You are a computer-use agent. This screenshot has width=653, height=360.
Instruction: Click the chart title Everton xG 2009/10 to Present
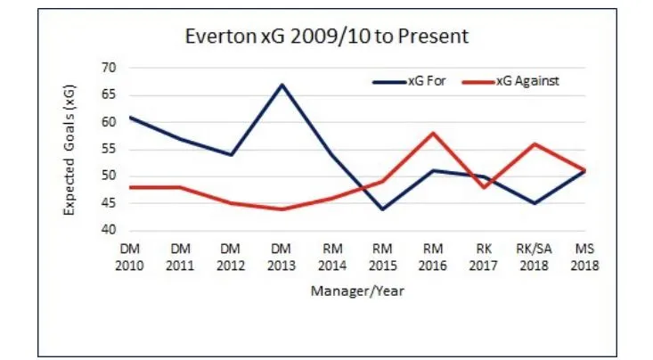325,37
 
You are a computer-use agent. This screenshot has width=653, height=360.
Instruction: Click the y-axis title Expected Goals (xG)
69,149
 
